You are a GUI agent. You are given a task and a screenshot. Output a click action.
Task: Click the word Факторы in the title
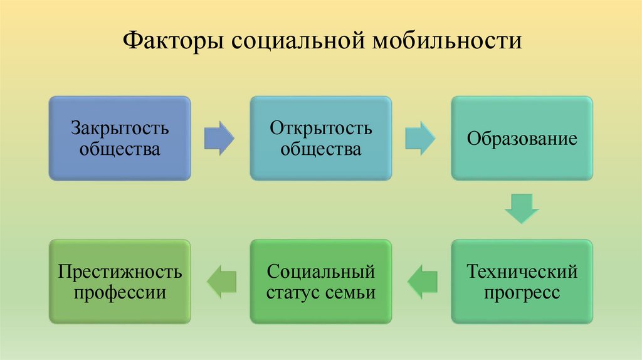click(x=171, y=43)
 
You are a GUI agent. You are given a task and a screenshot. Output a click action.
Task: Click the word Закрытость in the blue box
click(x=119, y=129)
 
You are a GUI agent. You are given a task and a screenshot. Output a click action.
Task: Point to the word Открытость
click(x=321, y=129)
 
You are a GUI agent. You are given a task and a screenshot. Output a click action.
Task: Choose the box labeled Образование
click(x=522, y=139)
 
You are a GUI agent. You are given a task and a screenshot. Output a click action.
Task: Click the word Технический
click(x=522, y=273)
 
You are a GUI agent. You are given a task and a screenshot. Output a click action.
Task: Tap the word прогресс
click(x=522, y=293)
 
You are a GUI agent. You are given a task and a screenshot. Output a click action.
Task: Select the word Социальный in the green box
click(x=321, y=273)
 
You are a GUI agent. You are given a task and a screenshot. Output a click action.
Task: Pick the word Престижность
click(x=119, y=273)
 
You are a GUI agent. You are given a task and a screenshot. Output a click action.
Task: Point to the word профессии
click(x=119, y=293)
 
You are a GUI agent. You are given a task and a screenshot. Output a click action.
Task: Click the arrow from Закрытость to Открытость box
click(x=219, y=138)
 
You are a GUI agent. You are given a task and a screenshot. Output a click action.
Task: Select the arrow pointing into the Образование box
click(x=421, y=138)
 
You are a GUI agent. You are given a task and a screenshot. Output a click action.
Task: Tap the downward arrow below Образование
click(x=522, y=209)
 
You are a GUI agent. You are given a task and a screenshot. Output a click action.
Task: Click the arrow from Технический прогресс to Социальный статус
click(x=421, y=282)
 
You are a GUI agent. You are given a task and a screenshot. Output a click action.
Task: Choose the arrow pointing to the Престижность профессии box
click(x=221, y=282)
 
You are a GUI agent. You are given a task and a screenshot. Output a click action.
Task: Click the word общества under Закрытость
click(x=119, y=149)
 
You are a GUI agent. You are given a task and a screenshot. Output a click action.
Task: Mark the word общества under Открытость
click(x=321, y=149)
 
